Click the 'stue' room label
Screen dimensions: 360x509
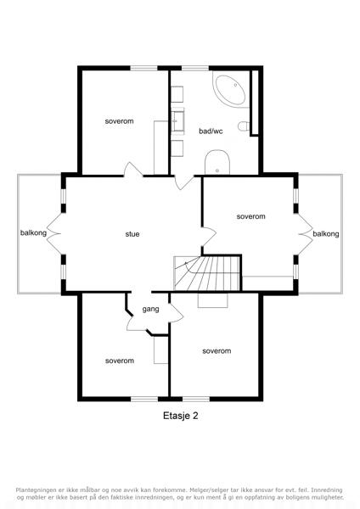point(132,234)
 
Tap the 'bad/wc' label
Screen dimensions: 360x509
point(211,131)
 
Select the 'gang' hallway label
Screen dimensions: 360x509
point(151,309)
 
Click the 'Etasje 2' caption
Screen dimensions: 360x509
point(180,416)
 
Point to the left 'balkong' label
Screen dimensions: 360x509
point(33,232)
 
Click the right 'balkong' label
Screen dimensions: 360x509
point(326,234)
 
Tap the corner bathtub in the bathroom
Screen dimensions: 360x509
point(231,90)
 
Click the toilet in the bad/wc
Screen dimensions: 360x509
point(244,126)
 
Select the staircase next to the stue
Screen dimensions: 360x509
point(206,273)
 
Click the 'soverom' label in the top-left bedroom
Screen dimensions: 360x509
point(119,121)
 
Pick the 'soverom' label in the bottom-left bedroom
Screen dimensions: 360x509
point(120,361)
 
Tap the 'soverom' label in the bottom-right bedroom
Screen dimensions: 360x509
point(217,351)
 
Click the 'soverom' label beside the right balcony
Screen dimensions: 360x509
point(250,216)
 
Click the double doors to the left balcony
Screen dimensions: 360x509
point(54,233)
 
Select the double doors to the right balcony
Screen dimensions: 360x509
point(305,234)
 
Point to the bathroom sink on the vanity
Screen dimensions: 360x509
point(177,120)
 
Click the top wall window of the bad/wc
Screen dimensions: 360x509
point(195,68)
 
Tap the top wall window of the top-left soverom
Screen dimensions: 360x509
point(144,68)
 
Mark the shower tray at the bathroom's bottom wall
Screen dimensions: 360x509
point(217,162)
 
